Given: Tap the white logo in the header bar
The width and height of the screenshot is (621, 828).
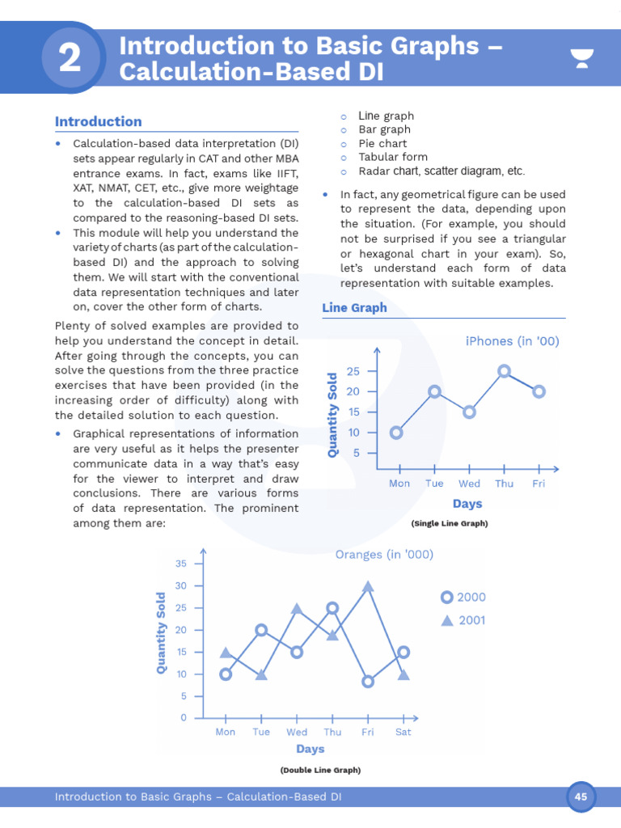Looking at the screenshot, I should click(x=581, y=58).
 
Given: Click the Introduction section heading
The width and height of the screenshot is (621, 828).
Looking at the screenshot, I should click(x=98, y=121).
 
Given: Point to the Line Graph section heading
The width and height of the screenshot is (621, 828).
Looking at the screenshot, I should click(x=354, y=307).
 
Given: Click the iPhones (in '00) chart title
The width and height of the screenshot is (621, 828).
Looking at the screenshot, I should click(x=512, y=341).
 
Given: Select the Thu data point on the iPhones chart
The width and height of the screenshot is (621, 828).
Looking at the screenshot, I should click(x=504, y=371).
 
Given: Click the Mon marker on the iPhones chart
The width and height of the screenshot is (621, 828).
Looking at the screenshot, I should click(x=396, y=432).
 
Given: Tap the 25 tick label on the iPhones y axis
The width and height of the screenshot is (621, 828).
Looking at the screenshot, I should click(x=353, y=371).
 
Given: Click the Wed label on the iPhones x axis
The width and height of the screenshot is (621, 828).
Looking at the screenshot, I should click(x=469, y=484).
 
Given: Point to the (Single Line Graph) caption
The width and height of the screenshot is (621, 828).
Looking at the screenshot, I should click(x=449, y=523).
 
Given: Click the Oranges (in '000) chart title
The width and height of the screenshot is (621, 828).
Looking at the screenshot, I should click(x=384, y=555).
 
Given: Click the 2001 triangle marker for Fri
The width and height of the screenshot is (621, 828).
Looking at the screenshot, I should click(x=368, y=586).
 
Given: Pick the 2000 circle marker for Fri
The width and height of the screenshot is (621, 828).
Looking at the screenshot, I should click(x=368, y=682).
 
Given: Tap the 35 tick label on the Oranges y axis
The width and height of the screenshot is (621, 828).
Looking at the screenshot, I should click(x=181, y=564).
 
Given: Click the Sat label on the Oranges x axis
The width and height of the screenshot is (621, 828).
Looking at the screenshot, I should click(x=403, y=732).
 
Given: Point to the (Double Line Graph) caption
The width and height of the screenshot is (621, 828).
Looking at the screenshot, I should click(x=320, y=771).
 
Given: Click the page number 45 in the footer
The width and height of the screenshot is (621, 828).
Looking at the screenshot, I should click(x=581, y=796).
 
